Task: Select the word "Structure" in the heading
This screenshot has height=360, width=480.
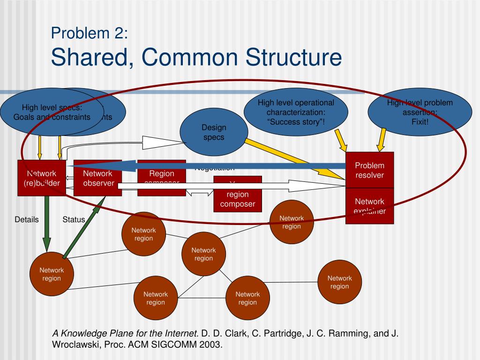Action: [x=293, y=57]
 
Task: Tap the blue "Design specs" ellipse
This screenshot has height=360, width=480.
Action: [x=214, y=132]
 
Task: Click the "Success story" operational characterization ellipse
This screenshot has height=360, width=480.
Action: [x=296, y=112]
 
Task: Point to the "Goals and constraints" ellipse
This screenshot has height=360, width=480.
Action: [x=52, y=112]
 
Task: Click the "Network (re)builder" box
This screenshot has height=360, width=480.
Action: [x=42, y=178]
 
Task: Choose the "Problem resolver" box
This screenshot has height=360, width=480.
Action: [x=369, y=170]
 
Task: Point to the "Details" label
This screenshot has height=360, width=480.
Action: [x=27, y=219]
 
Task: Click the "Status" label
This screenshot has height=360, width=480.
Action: [x=74, y=219]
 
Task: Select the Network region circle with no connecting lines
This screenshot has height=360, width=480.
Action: [x=339, y=282]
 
